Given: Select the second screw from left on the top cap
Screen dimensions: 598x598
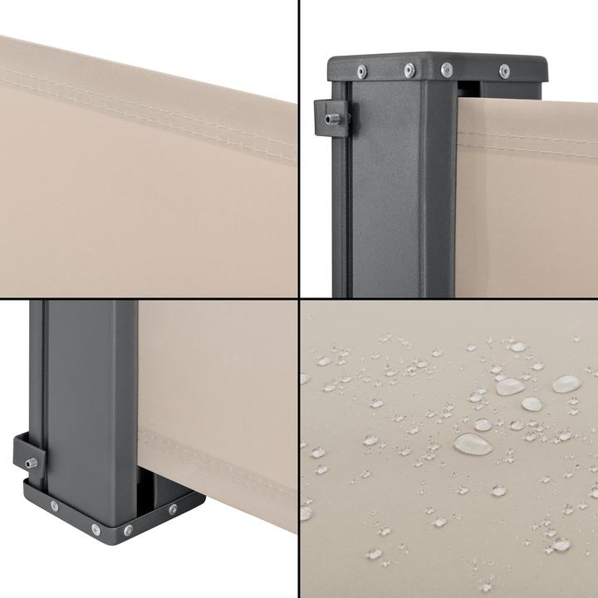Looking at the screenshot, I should (x=409, y=69).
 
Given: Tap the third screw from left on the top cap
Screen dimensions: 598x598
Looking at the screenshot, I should (x=447, y=68).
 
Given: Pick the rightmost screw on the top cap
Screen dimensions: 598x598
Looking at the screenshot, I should (x=504, y=71).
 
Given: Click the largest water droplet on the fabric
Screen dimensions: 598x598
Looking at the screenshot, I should (x=472, y=444).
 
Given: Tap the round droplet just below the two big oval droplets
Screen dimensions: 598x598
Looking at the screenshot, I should (x=531, y=404).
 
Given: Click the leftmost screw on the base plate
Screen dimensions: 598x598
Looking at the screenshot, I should (x=55, y=505).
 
